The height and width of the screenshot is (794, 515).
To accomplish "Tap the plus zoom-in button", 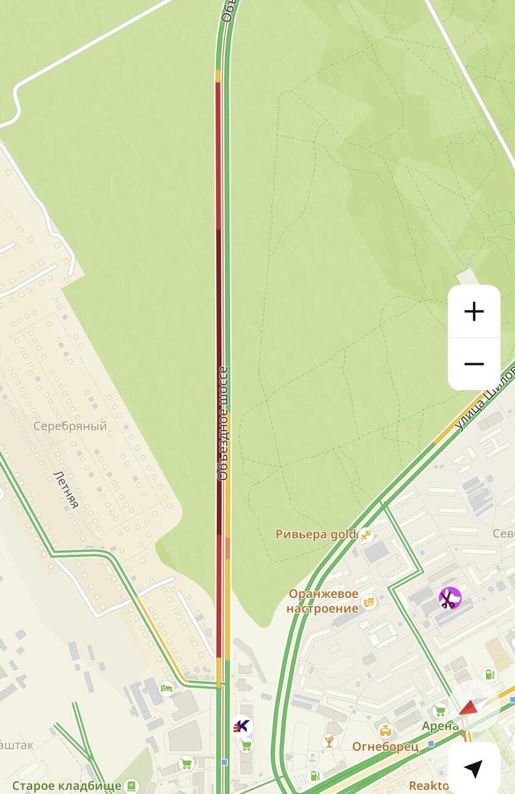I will (474, 311).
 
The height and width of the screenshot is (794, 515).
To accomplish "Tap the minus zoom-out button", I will (474, 364).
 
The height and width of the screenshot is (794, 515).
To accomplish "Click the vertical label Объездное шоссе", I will (222, 424).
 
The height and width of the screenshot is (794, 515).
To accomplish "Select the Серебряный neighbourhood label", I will (70, 426).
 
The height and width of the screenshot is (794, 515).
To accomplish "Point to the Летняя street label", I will (66, 489).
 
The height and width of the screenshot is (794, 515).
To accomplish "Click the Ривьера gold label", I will (316, 534).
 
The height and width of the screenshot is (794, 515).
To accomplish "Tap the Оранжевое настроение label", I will (323, 601).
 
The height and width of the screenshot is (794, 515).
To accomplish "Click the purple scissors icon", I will (450, 599).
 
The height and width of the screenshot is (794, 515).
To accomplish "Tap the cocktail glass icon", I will (330, 741).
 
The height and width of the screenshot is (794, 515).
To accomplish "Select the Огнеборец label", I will (385, 746).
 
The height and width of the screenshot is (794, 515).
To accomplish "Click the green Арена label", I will (441, 726).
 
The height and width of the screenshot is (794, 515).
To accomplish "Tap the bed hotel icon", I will (166, 688).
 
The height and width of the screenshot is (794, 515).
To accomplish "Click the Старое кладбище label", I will (67, 786).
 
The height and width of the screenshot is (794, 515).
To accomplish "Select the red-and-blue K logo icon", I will (242, 725).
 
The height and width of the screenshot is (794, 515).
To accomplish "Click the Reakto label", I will (429, 786).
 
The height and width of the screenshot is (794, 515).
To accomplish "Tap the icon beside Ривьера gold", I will (367, 534).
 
